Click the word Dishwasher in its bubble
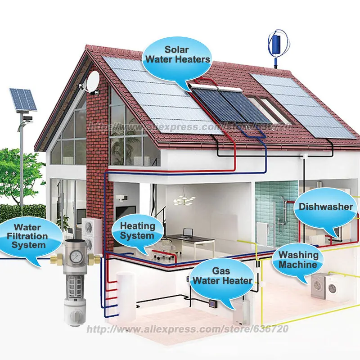[326, 207]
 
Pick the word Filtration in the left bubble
[31, 236]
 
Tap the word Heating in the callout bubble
[138, 226]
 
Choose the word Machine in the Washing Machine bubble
[297, 264]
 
